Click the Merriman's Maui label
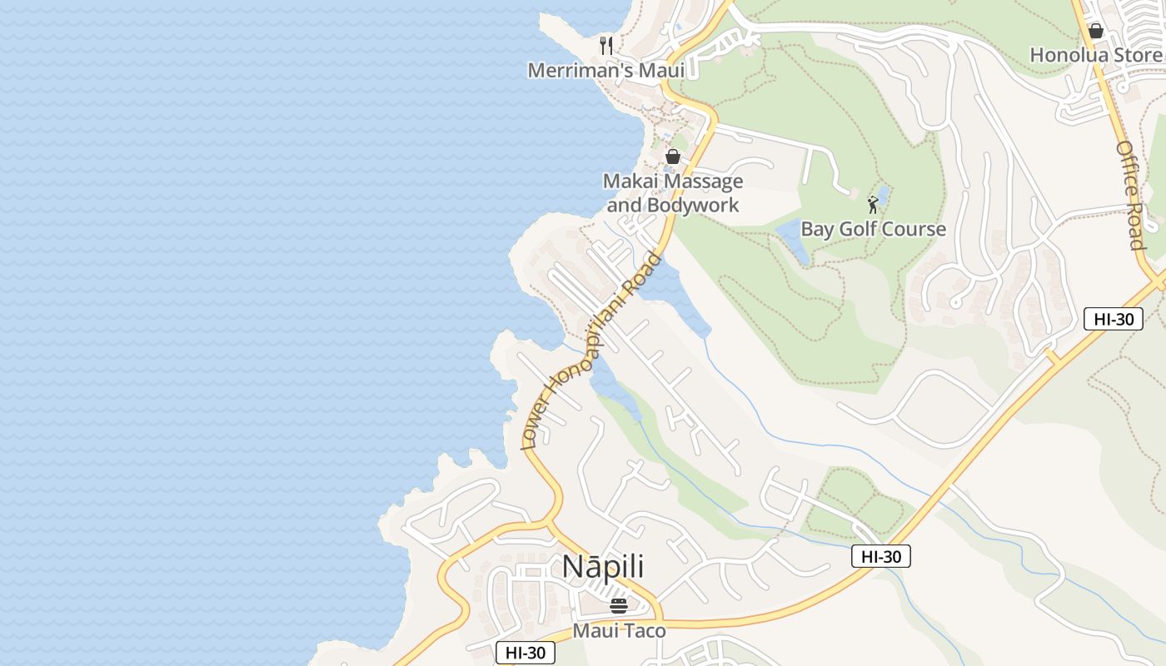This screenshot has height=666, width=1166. pyautogui.click(x=606, y=70)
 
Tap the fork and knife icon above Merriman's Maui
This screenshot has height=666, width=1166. pyautogui.click(x=606, y=45)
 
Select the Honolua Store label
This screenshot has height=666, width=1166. pyautogui.click(x=1095, y=55)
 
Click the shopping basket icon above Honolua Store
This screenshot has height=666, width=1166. pyautogui.click(x=1096, y=31)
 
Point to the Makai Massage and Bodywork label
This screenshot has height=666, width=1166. pyautogui.click(x=673, y=192)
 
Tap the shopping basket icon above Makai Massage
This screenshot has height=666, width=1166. pyautogui.click(x=673, y=157)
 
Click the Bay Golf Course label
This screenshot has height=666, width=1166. pyautogui.click(x=873, y=229)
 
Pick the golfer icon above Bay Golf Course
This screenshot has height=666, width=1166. pyautogui.click(x=873, y=204)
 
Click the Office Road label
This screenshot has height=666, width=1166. pyautogui.click(x=1130, y=195)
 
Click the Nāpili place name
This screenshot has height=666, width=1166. pyautogui.click(x=603, y=566)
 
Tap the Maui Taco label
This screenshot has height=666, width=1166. pyautogui.click(x=619, y=630)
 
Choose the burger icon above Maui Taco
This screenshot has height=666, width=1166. pyautogui.click(x=619, y=605)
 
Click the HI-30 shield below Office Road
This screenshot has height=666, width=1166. pyautogui.click(x=1114, y=318)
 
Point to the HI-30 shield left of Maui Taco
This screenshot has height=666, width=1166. pyautogui.click(x=526, y=653)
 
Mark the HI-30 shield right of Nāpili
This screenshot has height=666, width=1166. pyautogui.click(x=881, y=556)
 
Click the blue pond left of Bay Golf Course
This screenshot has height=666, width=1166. pyautogui.click(x=794, y=241)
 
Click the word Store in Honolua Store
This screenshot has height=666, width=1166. pyautogui.click(x=1134, y=55)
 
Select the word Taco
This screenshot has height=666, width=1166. pyautogui.click(x=645, y=630)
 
